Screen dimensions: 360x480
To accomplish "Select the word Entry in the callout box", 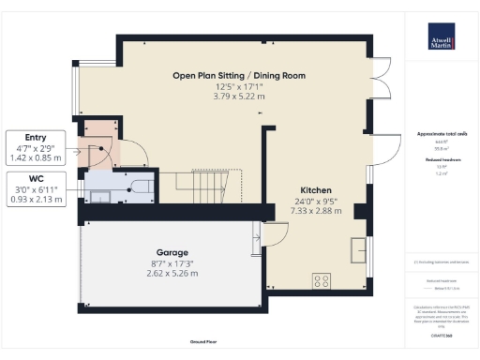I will tap(36, 137).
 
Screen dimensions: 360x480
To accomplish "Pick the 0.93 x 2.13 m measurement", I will tap(36, 199).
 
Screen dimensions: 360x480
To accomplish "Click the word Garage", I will tap(173, 253).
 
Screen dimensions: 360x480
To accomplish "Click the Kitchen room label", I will tap(315, 188).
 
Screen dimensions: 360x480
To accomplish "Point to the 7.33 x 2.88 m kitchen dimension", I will tap(315, 210).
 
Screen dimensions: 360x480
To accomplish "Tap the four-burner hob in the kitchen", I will tap(322, 279).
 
